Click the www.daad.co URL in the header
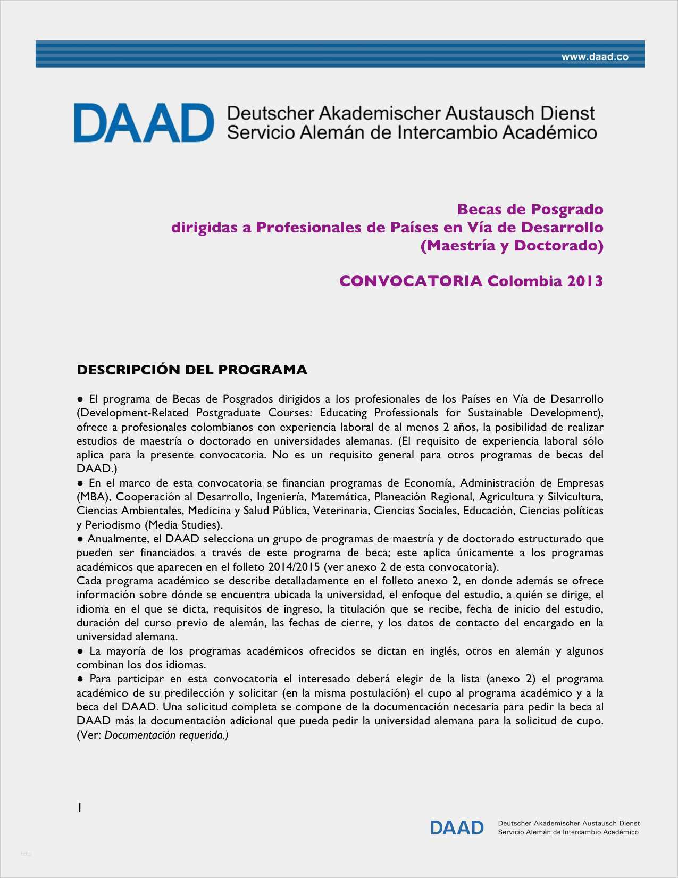[595, 57]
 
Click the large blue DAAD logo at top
[144, 123]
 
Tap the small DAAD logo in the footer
[457, 827]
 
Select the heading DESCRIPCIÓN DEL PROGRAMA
[192, 370]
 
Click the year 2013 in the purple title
[584, 281]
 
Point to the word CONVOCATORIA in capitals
[411, 281]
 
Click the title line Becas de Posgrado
[530, 210]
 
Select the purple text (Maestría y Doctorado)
[512, 246]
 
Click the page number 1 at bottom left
[79, 808]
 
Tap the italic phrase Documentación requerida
[165, 735]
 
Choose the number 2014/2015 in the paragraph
[294, 567]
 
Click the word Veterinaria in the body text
[340, 511]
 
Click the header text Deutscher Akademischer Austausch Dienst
[411, 113]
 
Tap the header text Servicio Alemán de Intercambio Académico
[412, 132]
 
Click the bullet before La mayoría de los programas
[80, 651]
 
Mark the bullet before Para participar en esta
[80, 679]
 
